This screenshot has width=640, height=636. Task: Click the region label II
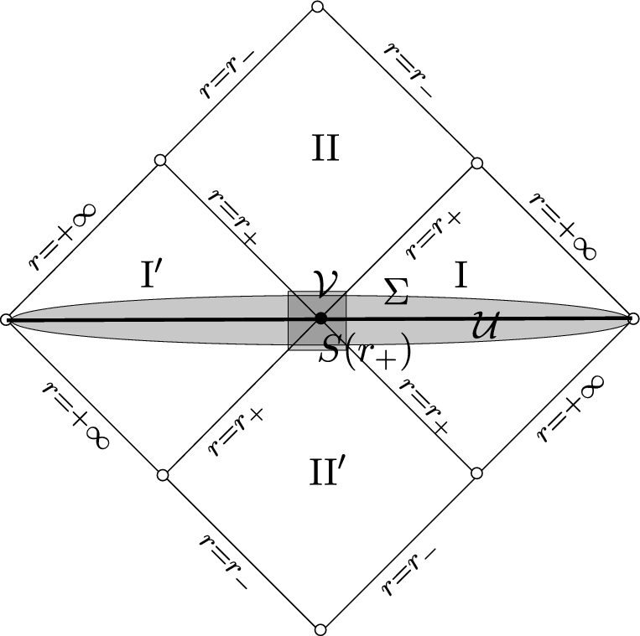pyautogui.click(x=325, y=148)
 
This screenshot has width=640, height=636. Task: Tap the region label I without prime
pyautogui.click(x=460, y=275)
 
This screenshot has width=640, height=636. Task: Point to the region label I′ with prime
pyautogui.click(x=152, y=274)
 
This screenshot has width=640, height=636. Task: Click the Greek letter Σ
pyautogui.click(x=396, y=291)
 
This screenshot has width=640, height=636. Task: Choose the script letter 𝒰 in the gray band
pyautogui.click(x=486, y=325)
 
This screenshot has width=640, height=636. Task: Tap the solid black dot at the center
pyautogui.click(x=320, y=318)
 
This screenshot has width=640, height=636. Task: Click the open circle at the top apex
pyautogui.click(x=317, y=7)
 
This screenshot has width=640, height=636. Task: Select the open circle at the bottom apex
pyautogui.click(x=320, y=629)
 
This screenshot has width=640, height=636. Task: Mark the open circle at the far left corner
pyautogui.click(x=6, y=319)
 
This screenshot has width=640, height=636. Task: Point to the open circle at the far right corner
pyautogui.click(x=633, y=318)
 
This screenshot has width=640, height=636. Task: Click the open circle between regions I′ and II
pyautogui.click(x=160, y=160)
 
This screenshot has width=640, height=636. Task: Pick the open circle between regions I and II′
pyautogui.click(x=476, y=473)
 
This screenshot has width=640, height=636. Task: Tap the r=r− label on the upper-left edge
pyautogui.click(x=227, y=72)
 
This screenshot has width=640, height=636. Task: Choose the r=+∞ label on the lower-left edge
pyautogui.click(x=76, y=415)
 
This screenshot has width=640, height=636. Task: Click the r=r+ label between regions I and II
pyautogui.click(x=434, y=235)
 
